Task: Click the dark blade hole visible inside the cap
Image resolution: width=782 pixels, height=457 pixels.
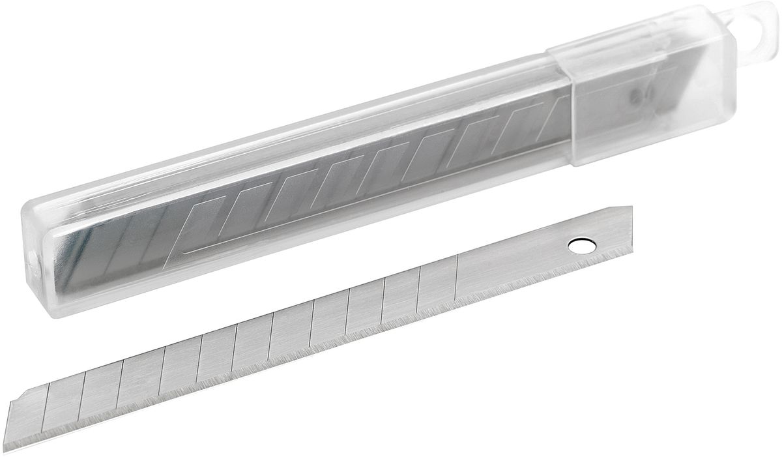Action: (x=634, y=97)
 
